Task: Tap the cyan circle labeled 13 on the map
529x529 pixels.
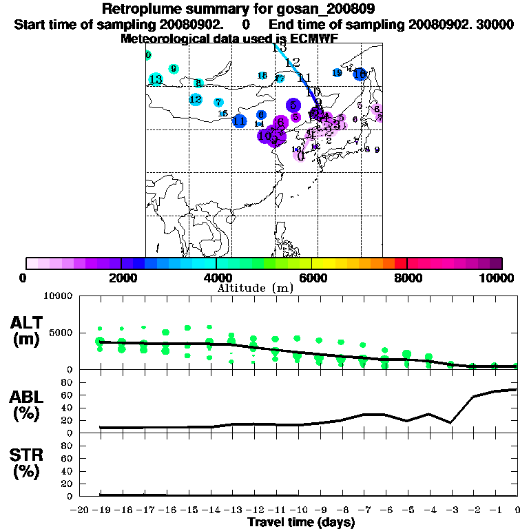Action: [156, 79]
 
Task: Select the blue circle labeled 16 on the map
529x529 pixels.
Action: [360, 74]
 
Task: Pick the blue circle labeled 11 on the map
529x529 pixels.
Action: [240, 121]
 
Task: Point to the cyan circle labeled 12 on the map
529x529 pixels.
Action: [196, 99]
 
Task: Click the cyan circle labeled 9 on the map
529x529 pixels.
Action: [174, 69]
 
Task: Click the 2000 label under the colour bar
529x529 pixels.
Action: [121, 278]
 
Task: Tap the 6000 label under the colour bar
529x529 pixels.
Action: [312, 278]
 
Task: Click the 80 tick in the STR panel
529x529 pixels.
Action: [67, 446]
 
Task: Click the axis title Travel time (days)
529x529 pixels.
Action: [301, 522]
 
